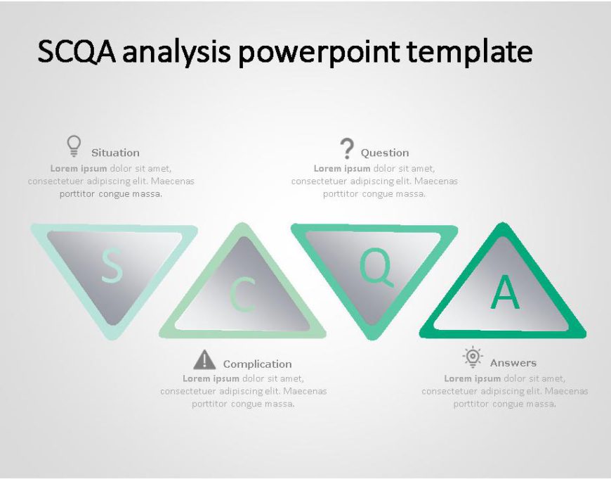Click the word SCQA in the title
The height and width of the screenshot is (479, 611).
pos(77,51)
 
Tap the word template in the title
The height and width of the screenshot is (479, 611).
pos(469,51)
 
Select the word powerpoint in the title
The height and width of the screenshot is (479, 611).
pos(319,52)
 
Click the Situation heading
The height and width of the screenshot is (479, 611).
pos(115,153)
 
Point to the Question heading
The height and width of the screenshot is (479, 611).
pos(385,153)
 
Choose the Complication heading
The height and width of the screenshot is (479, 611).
pos(257,364)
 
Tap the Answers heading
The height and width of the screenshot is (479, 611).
pos(513,363)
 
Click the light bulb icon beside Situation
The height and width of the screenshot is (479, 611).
pos(74,146)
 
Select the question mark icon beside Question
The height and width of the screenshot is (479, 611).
pos(346,148)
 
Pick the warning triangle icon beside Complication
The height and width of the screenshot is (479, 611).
pos(204,359)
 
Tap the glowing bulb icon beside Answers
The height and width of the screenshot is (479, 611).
pos(473,357)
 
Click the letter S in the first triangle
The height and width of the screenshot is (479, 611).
pos(112,266)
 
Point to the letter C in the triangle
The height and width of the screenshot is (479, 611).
pos(242,295)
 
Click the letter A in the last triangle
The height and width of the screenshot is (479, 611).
pos(505,292)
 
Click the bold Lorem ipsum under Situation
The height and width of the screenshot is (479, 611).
pos(79,169)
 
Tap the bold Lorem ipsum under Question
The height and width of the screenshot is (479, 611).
pos(342,169)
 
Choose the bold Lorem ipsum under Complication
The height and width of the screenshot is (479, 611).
pos(211,378)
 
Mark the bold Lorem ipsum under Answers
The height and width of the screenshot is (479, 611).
pos(472,378)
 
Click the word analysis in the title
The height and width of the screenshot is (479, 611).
pos(176,52)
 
